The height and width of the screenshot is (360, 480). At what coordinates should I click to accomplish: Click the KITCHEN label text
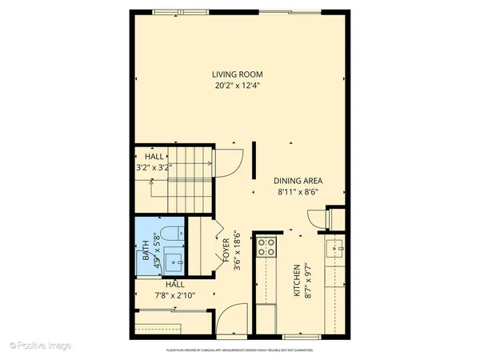pyautogui.click(x=295, y=282)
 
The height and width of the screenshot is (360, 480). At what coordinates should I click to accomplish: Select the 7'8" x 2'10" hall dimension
pyautogui.click(x=174, y=294)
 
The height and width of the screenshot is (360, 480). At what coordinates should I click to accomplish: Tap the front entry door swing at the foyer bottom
pyautogui.click(x=230, y=320)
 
